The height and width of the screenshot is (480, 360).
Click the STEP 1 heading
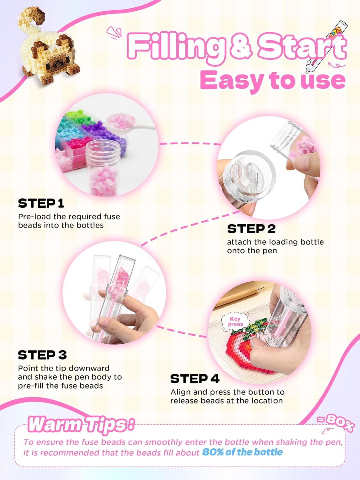(41, 203)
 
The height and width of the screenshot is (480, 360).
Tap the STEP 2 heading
(252, 229)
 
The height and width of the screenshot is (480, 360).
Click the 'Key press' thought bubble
(236, 321)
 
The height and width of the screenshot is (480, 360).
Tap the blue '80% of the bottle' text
(242, 452)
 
